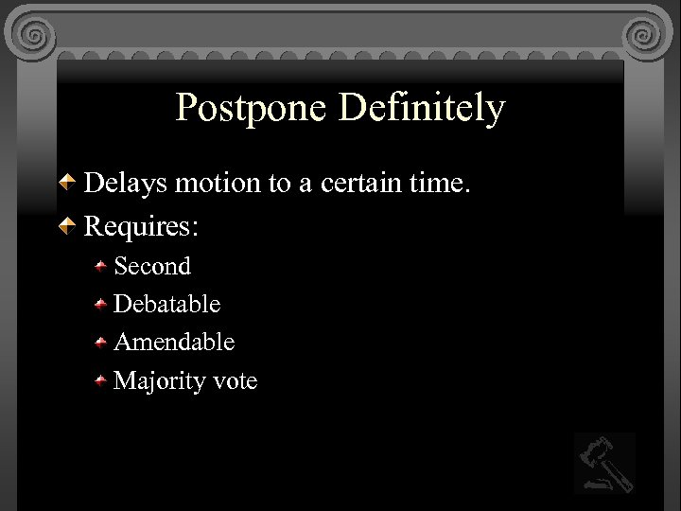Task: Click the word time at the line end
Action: click(438, 183)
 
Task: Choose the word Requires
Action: click(142, 227)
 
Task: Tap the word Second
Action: click(152, 267)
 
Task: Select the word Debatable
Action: click(166, 305)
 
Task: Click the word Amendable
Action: click(174, 343)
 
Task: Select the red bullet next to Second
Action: click(101, 267)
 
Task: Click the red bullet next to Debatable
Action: click(101, 305)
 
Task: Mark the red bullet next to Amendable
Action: click(101, 343)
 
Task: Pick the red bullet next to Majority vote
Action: click(101, 381)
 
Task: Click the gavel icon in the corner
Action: click(604, 463)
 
